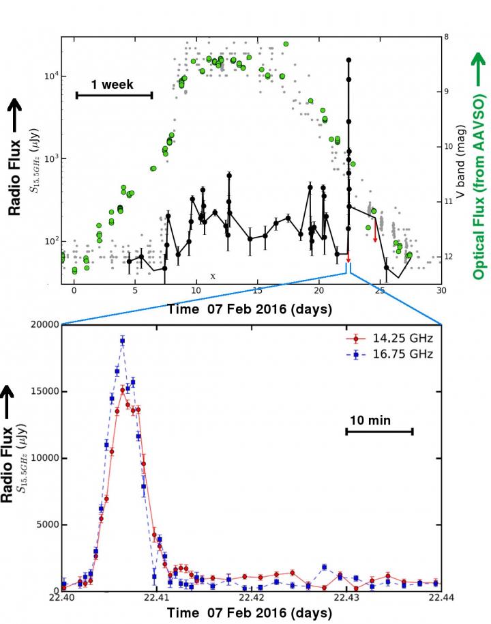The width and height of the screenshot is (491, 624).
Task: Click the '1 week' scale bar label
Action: pos(113,85)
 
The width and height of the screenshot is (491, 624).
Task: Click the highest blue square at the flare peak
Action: pos(123,340)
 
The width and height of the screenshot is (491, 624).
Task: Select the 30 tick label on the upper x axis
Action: pos(441,291)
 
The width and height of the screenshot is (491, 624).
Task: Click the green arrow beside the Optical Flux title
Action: pos(477,69)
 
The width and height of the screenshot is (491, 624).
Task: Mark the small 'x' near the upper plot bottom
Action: pos(213,276)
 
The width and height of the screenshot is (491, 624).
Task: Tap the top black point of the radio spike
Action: pos(348,60)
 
